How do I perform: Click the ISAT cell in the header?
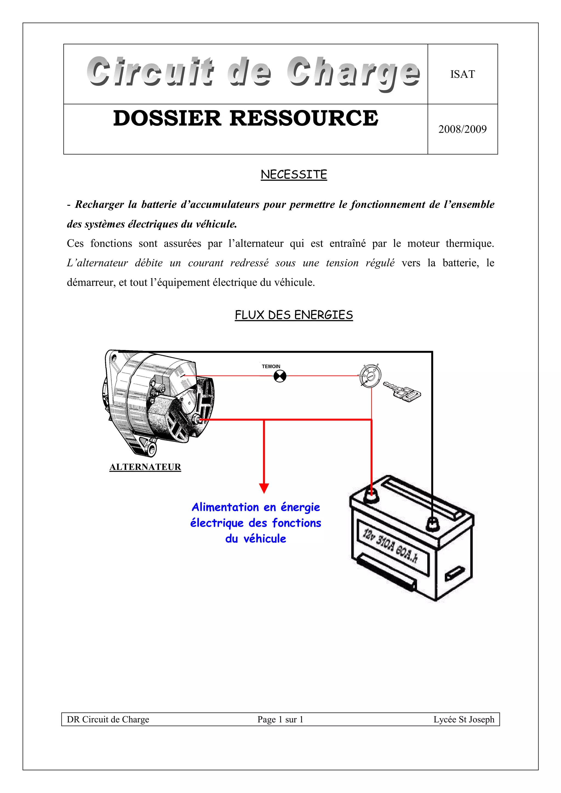(462, 74)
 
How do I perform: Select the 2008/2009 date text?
(462, 129)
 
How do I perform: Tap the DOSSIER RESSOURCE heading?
(245, 118)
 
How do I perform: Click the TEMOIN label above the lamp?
(271, 366)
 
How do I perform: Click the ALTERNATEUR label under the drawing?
(145, 467)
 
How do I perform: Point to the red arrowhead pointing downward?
(264, 488)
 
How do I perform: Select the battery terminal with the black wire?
(432, 524)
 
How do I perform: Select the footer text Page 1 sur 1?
(280, 719)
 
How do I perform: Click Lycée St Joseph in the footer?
(463, 719)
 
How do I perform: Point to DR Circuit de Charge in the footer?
(108, 719)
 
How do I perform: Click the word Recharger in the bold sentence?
(99, 204)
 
